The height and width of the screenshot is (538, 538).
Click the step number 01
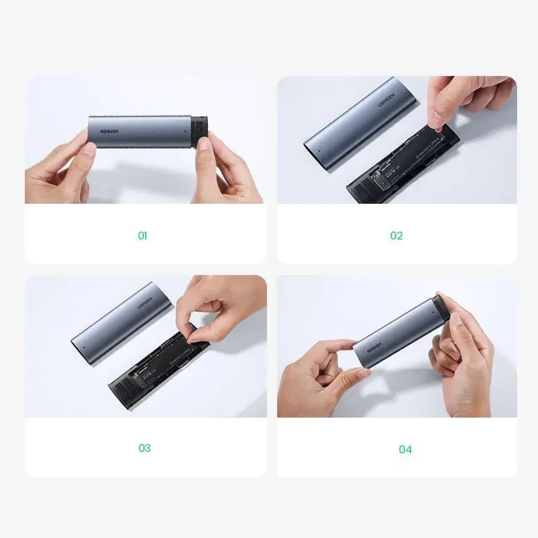click(x=143, y=236)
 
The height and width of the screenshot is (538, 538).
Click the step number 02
click(x=396, y=236)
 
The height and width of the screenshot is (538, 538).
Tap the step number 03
click(x=145, y=448)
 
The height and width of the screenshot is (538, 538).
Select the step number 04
click(x=405, y=449)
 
